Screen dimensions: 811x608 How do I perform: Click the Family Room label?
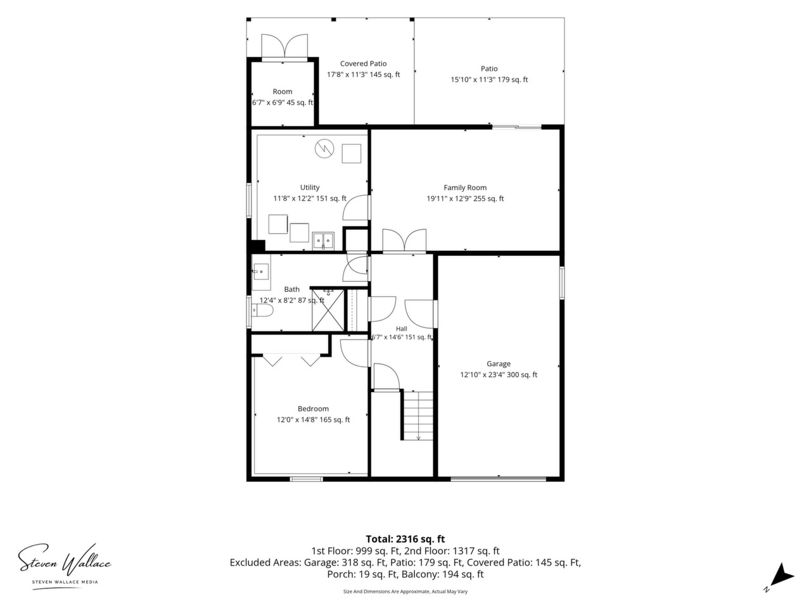pos(465,187)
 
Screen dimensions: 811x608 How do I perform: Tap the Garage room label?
pos(499,364)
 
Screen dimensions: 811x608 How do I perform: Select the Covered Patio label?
pos(363,63)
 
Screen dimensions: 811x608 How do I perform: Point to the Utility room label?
pos(310,187)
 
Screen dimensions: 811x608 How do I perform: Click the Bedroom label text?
pos(313,408)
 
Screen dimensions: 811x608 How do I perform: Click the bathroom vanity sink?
pos(261,272)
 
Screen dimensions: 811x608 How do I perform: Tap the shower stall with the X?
pos(328,310)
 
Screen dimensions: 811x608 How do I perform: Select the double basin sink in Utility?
pos(323,241)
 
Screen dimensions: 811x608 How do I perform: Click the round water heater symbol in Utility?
pos(324,149)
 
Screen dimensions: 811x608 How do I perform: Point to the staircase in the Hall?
pos(418,415)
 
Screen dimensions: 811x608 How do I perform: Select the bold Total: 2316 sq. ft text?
pos(405,539)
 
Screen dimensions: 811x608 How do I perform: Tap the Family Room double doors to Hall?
pos(404,241)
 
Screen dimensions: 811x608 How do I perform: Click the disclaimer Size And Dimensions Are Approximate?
pos(405,592)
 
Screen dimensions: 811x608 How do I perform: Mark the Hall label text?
pos(402,329)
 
